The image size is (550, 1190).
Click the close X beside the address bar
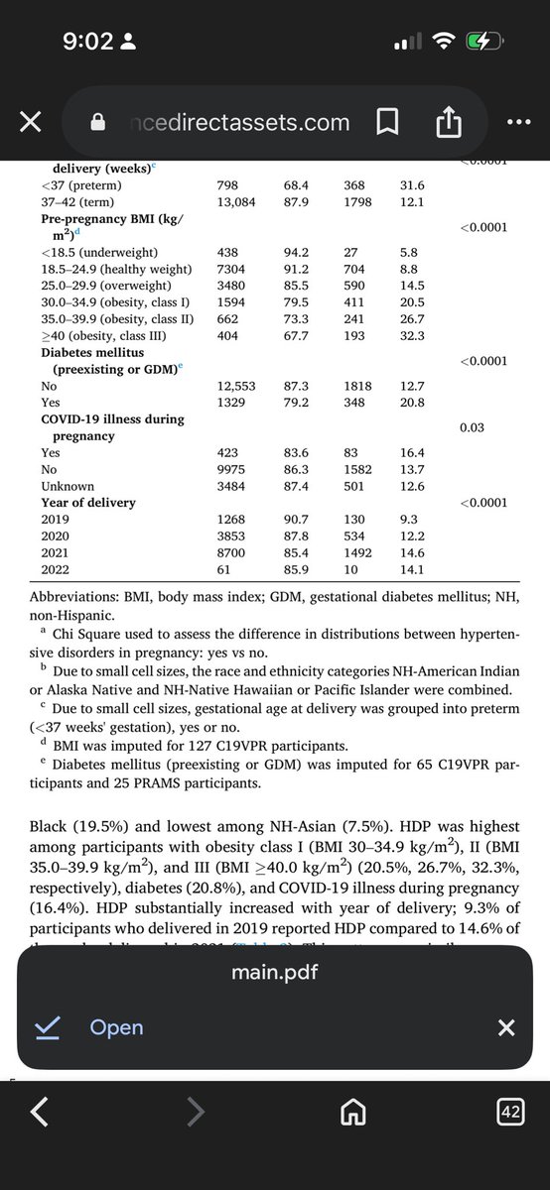pyautogui.click(x=30, y=122)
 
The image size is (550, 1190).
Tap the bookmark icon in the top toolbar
pyautogui.click(x=388, y=122)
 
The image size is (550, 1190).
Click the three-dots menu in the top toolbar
pyautogui.click(x=519, y=122)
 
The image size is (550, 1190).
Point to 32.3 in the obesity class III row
pyautogui.click(x=411, y=336)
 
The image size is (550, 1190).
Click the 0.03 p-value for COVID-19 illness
pyautogui.click(x=472, y=427)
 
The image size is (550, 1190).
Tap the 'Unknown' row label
pyautogui.click(x=68, y=486)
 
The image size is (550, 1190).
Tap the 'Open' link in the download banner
pyautogui.click(x=116, y=1027)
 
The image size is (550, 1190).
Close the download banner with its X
pyautogui.click(x=506, y=1027)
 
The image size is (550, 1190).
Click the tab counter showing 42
pyautogui.click(x=510, y=1114)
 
